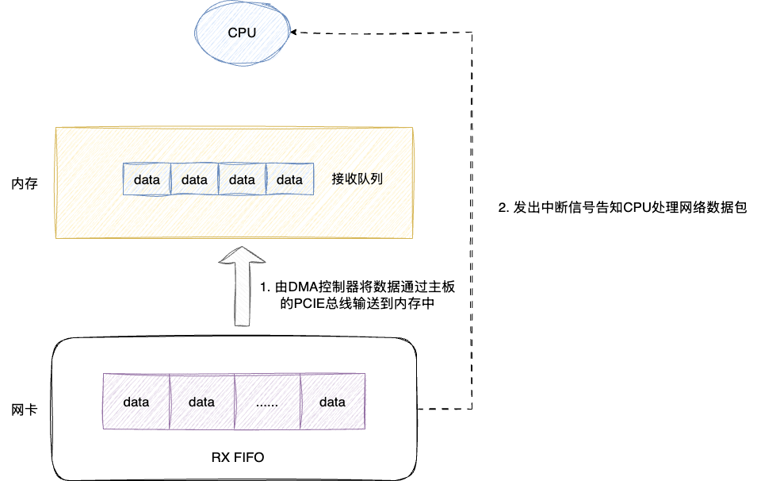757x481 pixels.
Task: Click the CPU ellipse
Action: click(242, 33)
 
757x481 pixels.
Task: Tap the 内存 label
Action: click(25, 183)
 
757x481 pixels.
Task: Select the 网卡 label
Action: click(24, 410)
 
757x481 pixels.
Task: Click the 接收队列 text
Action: click(357, 179)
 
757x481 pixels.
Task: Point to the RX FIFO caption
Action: click(238, 457)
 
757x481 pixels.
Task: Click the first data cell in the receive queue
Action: click(147, 179)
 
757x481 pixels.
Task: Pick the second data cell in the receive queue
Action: click(194, 179)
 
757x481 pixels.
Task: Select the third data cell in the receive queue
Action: click(242, 179)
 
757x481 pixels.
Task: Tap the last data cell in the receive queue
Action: click(289, 179)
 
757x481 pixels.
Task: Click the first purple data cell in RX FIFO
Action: click(136, 402)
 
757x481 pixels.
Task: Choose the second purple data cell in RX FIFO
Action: click(201, 402)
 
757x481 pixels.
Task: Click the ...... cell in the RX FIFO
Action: click(267, 402)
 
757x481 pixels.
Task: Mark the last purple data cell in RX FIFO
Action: click(332, 402)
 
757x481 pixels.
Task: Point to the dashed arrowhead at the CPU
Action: click(294, 33)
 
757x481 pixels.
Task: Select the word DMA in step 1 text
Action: click(302, 287)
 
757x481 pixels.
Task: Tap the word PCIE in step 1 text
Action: click(313, 303)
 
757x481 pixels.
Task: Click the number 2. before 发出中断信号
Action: click(503, 208)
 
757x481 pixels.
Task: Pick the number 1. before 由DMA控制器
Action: click(266, 287)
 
